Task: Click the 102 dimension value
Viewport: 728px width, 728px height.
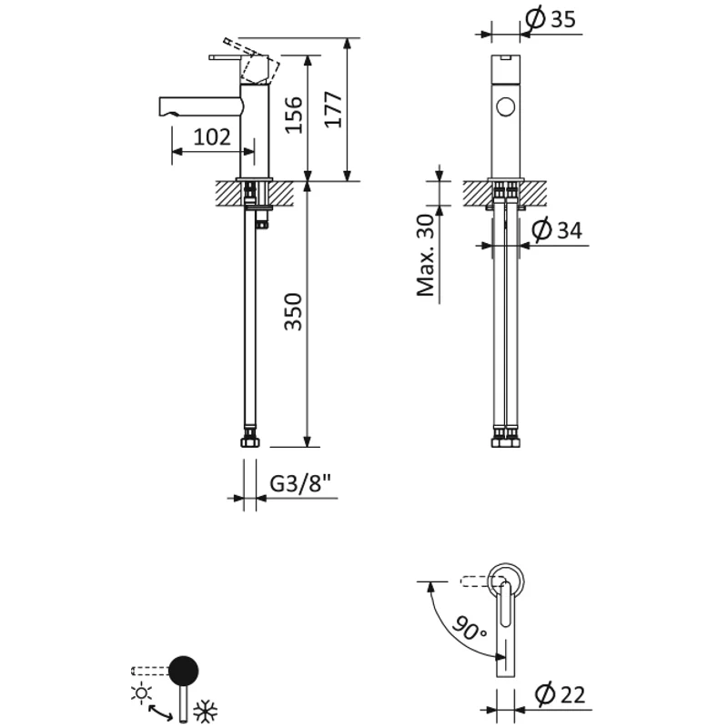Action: point(212,136)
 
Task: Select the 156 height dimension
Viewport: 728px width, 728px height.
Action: point(293,116)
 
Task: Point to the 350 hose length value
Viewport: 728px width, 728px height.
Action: point(293,312)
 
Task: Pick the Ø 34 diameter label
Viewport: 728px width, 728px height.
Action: point(555,230)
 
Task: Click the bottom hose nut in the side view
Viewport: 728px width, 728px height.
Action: point(250,442)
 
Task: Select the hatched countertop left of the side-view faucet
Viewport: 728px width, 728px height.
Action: point(226,192)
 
